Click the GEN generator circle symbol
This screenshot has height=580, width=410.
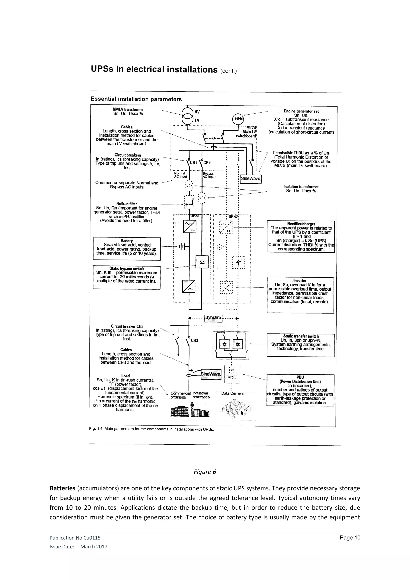click(239, 119)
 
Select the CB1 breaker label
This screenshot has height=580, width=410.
click(193, 163)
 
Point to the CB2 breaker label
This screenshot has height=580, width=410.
click(207, 163)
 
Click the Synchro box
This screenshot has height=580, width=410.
click(213, 317)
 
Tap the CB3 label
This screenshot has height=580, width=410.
click(194, 340)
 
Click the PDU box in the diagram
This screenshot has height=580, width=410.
click(232, 378)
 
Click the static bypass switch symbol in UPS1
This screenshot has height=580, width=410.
click(202, 262)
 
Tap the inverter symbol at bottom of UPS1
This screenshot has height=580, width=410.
click(189, 286)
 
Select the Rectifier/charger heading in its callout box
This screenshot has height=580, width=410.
click(301, 224)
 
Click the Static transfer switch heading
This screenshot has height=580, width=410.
click(301, 336)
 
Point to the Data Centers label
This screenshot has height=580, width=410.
click(232, 393)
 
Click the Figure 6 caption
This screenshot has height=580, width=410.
click(205, 472)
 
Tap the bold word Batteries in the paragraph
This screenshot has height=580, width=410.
click(62, 488)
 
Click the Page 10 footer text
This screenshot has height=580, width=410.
click(350, 545)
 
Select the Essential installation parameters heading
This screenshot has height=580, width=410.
click(136, 99)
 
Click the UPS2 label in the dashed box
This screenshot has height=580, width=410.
click(233, 216)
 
